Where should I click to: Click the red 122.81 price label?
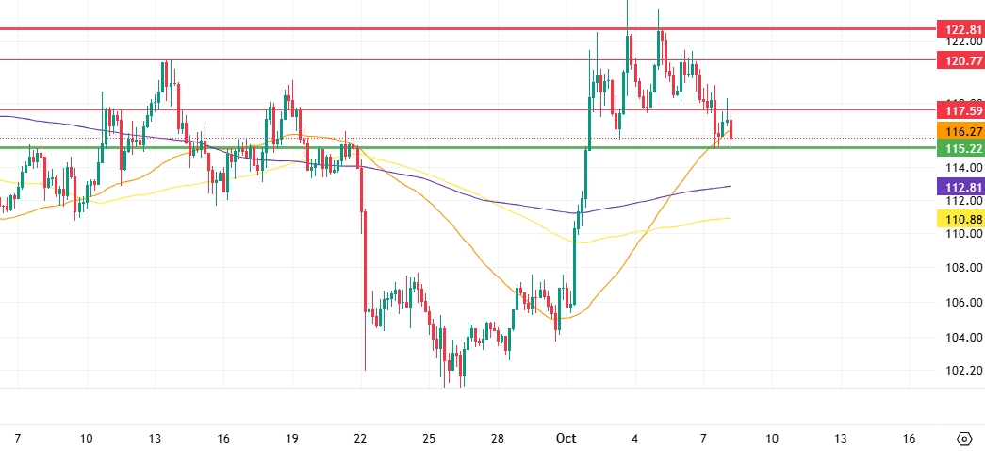pyautogui.click(x=960, y=30)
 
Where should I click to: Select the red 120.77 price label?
pyautogui.click(x=960, y=60)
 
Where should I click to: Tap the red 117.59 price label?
pyautogui.click(x=960, y=110)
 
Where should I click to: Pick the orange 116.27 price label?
pyautogui.click(x=960, y=131)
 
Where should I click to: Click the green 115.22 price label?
pyautogui.click(x=960, y=148)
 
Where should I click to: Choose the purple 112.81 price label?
pyautogui.click(x=960, y=187)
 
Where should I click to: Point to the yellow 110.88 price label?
pyautogui.click(x=960, y=219)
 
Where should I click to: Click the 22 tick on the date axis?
pyautogui.click(x=360, y=439)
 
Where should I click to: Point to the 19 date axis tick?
pyautogui.click(x=292, y=439)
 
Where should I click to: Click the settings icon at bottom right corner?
pyautogui.click(x=964, y=439)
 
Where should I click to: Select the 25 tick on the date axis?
pyautogui.click(x=429, y=439)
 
